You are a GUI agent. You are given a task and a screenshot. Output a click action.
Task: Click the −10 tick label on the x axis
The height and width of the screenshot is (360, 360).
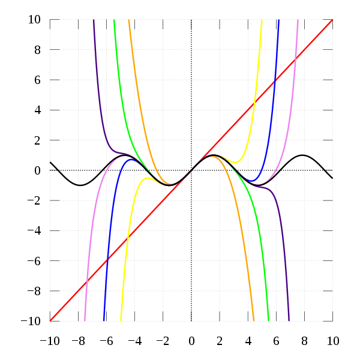click(x=49, y=341)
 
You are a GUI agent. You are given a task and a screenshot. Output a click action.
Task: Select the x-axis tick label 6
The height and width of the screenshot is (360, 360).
click(x=276, y=341)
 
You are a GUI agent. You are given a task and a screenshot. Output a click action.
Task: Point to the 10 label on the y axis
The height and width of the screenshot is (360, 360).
click(x=35, y=20)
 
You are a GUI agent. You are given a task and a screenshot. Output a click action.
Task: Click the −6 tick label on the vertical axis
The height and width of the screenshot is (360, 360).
click(x=34, y=261)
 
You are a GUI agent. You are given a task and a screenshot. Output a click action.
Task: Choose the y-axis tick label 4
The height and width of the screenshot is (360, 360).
click(x=38, y=110)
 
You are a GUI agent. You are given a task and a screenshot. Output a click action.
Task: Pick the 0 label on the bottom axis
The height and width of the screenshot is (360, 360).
click(x=191, y=341)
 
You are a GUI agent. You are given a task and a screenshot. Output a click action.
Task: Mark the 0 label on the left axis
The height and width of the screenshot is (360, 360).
click(x=38, y=170)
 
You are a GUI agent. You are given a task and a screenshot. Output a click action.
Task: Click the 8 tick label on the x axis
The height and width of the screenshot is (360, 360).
click(x=304, y=341)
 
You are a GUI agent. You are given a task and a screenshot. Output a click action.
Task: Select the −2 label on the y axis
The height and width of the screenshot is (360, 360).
click(x=34, y=201)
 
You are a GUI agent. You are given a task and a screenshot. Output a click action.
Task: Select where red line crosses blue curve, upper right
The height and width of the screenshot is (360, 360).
click(x=275, y=82)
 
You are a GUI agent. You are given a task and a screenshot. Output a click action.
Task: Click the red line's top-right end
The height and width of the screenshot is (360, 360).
click(x=332, y=20)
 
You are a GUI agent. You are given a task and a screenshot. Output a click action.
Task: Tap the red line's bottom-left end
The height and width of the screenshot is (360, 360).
click(x=50, y=321)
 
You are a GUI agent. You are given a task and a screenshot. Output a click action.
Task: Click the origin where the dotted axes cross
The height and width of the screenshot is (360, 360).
click(x=191, y=170)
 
